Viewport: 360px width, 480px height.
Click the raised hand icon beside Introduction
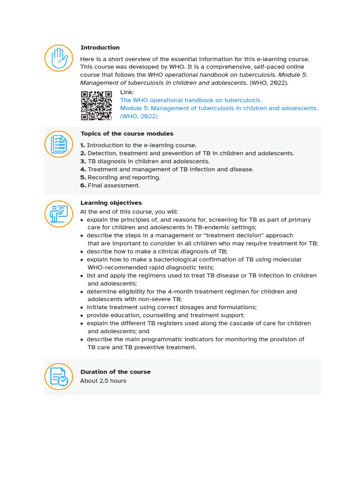pyautogui.click(x=59, y=59)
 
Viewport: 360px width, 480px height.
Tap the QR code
pyautogui.click(x=97, y=105)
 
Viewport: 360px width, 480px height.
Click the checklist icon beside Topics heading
pyautogui.click(x=59, y=144)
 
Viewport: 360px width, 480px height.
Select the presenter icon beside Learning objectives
pyautogui.click(x=59, y=214)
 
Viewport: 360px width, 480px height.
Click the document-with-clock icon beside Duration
pyautogui.click(x=59, y=377)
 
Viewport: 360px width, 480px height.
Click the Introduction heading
pyautogui.click(x=100, y=47)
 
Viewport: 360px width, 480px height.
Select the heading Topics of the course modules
pyautogui.click(x=127, y=134)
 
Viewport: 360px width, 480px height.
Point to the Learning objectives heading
pyautogui.click(x=111, y=203)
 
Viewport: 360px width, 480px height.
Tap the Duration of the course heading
pyautogui.click(x=115, y=372)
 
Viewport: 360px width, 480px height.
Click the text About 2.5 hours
pyautogui.click(x=103, y=381)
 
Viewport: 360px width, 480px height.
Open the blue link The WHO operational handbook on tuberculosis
pyautogui.click(x=191, y=100)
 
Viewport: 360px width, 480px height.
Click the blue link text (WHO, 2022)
pyautogui.click(x=139, y=116)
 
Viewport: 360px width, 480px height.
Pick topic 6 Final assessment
pyautogui.click(x=113, y=185)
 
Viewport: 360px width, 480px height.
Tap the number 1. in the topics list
pyautogui.click(x=83, y=145)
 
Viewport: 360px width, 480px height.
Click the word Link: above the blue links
pyautogui.click(x=127, y=92)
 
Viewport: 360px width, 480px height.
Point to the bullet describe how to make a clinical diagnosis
pyautogui.click(x=157, y=251)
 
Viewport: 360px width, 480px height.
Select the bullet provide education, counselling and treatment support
pyautogui.click(x=165, y=315)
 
